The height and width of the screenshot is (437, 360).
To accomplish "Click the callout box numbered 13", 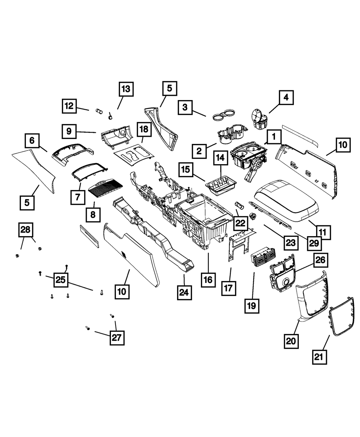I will pos(126,89).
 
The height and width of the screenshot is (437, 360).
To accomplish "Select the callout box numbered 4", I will pos(286,97).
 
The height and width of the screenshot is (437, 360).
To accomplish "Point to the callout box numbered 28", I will pos(25,229).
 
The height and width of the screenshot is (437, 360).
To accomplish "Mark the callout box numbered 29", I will pos(314,243).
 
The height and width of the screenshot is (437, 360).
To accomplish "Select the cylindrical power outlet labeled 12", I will pos(99,111).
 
